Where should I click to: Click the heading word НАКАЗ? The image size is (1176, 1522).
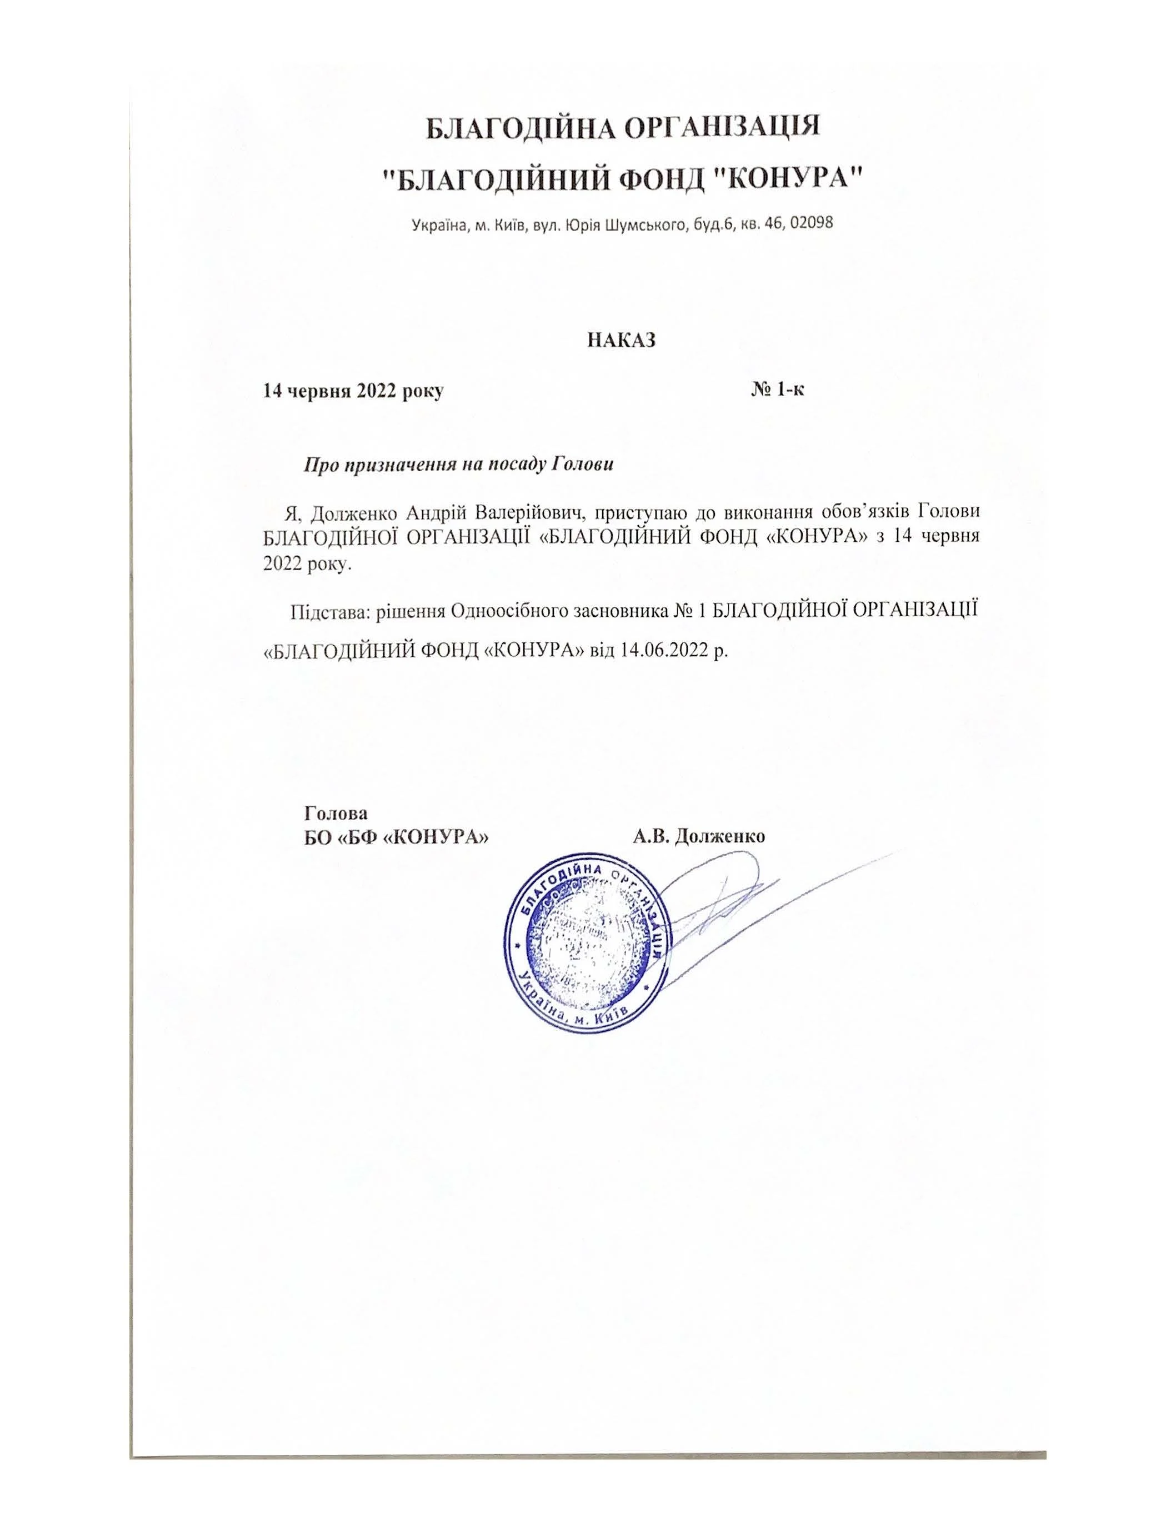point(622,340)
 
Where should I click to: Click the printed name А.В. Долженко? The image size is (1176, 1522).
point(699,836)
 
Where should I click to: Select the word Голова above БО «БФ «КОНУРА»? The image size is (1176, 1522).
point(337,812)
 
